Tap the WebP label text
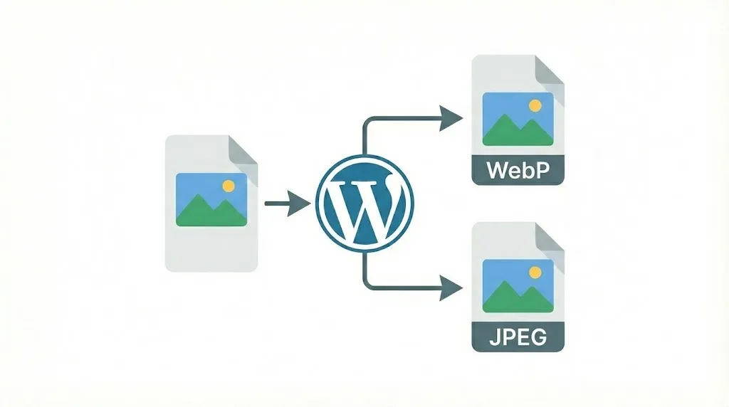coord(518,171)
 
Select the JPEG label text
coord(518,337)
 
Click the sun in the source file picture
coord(228,186)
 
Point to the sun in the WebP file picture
coord(535,105)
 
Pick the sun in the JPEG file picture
coord(535,272)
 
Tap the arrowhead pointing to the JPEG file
coord(451,287)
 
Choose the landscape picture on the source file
coord(211,199)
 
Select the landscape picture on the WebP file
coord(518,119)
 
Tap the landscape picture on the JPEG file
coord(518,285)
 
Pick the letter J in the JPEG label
coord(494,337)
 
